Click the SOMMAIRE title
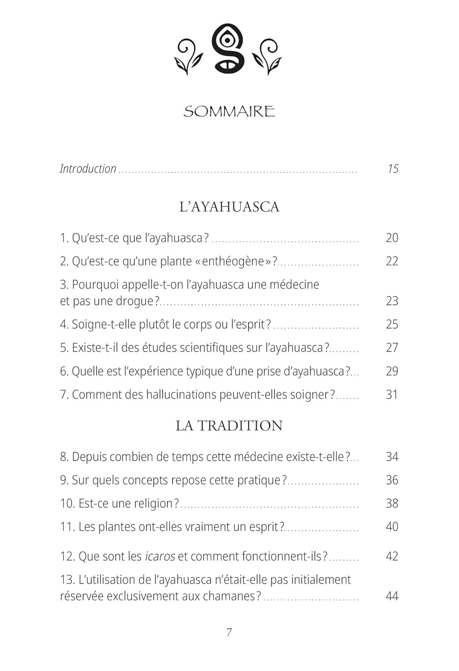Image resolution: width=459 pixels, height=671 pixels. pyautogui.click(x=229, y=111)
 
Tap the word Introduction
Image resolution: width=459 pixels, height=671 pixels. pyautogui.click(x=88, y=169)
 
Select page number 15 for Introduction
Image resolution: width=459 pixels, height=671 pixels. pyautogui.click(x=393, y=169)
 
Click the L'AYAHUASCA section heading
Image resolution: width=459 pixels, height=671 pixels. pyautogui.click(x=229, y=207)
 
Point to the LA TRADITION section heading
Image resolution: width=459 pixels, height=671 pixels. pyautogui.click(x=229, y=425)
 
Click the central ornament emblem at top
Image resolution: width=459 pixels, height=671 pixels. pyautogui.click(x=229, y=48)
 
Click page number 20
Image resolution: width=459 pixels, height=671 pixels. pyautogui.click(x=392, y=238)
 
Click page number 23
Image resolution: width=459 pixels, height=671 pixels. pyautogui.click(x=392, y=301)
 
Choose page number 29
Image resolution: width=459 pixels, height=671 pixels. pyautogui.click(x=392, y=371)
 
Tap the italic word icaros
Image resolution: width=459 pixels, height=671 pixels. pyautogui.click(x=160, y=556)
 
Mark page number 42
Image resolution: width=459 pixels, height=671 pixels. pyautogui.click(x=392, y=556)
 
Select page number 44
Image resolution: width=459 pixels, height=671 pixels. pyautogui.click(x=392, y=596)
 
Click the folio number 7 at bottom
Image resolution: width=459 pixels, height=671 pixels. pyautogui.click(x=229, y=633)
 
